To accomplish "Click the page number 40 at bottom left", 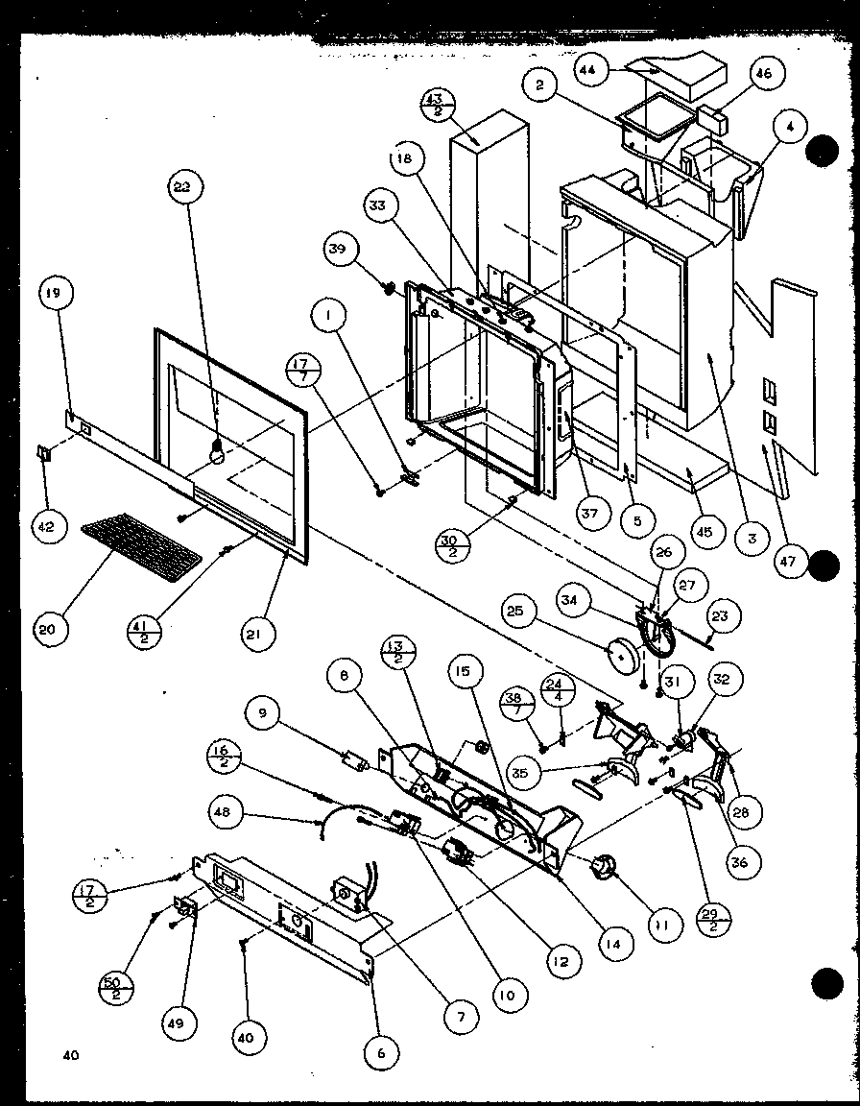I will coord(71,1056).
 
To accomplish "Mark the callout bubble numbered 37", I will coord(589,514).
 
